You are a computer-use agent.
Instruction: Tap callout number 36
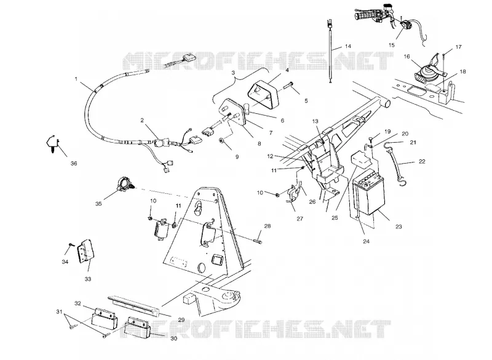pos(74,163)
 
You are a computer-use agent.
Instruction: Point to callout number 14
pos(348,46)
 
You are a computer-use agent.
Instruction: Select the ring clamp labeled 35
pos(124,184)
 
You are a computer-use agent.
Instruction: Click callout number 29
pos(181,320)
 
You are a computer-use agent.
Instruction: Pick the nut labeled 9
pos(222,140)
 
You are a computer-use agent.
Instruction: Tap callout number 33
pos(88,279)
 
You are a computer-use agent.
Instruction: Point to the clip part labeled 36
pos(53,144)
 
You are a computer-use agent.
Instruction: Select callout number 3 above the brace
pos(233,73)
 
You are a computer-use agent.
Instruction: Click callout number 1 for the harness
pos(76,79)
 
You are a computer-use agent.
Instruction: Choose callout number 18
pos(462,71)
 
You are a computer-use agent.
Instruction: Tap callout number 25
pos(335,217)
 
